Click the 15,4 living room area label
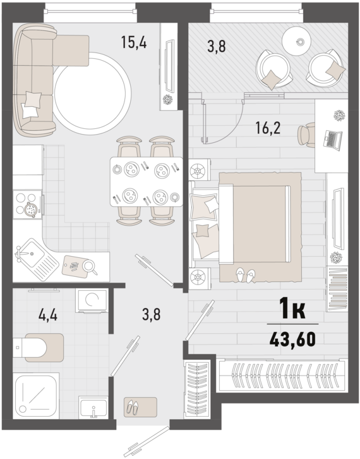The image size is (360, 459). pyautogui.click(x=134, y=42)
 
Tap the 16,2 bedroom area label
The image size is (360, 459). pyautogui.click(x=268, y=128)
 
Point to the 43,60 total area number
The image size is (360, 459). pyautogui.click(x=293, y=340)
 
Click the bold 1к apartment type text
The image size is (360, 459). pyautogui.click(x=293, y=309)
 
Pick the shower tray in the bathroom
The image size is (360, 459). pyautogui.click(x=36, y=396)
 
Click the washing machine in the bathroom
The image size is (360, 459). pyautogui.click(x=92, y=301)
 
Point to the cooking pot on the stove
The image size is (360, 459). pyautogui.click(x=31, y=209)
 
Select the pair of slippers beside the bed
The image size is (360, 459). pyautogui.click(x=245, y=275)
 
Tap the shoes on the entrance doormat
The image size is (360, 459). pyautogui.click(x=133, y=408)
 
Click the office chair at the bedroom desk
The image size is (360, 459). pyautogui.click(x=306, y=135)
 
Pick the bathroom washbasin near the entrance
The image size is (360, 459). pyautogui.click(x=93, y=407)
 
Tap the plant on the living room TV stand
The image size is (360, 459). pyautogui.click(x=168, y=99)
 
